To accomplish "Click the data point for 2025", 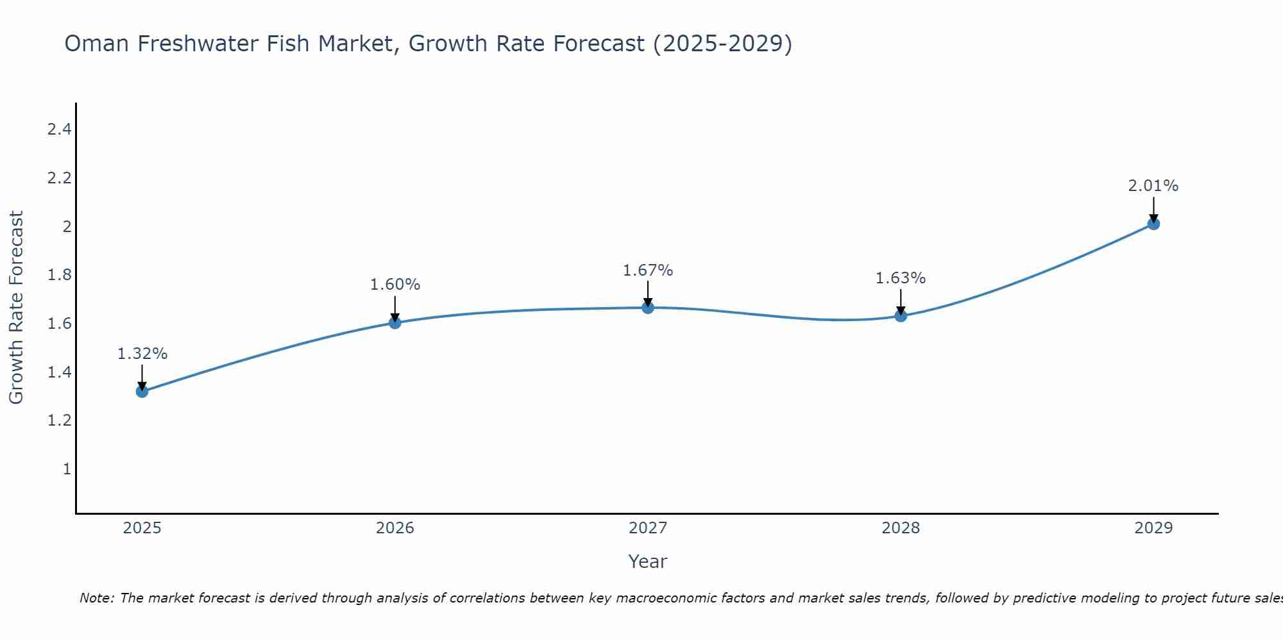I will [x=142, y=391].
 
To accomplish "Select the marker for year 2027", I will [x=648, y=308].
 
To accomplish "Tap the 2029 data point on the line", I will [x=1153, y=224].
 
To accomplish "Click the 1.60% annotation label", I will [x=395, y=285].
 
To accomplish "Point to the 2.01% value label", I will [x=1153, y=186].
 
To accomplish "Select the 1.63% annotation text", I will [x=901, y=278].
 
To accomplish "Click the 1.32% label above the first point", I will [x=142, y=354].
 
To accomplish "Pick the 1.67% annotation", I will [x=648, y=271].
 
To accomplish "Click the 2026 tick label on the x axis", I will [x=395, y=528].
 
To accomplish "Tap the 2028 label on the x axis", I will [x=901, y=528].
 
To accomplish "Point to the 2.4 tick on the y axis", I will [x=59, y=129].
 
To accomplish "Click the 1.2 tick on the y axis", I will [x=59, y=420].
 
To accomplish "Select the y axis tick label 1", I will [x=67, y=469].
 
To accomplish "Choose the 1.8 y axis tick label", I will [x=59, y=275].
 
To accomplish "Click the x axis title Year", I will [x=648, y=562].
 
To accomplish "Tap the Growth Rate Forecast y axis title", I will [x=16, y=308].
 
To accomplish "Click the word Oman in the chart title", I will [x=97, y=44].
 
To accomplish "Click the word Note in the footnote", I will [x=96, y=598].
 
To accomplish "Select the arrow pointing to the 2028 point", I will [x=901, y=301].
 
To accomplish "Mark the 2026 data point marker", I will [x=395, y=322].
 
